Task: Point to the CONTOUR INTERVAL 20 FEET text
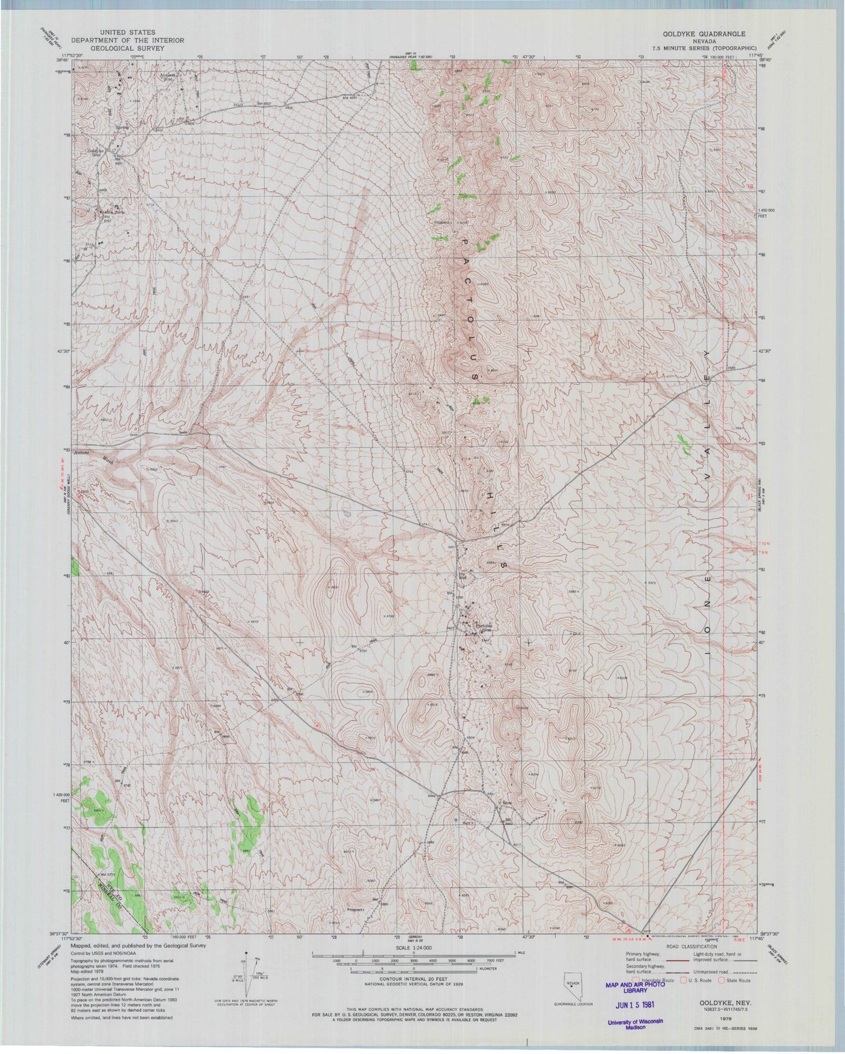tap(414, 979)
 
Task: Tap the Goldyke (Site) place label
tap(97, 152)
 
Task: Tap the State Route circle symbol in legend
tap(718, 980)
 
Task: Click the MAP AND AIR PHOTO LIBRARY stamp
tap(630, 986)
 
